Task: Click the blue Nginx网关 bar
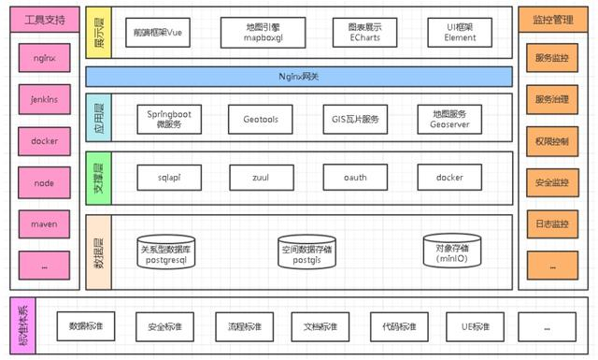tap(300, 76)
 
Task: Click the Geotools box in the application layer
tap(260, 119)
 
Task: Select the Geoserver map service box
tap(449, 119)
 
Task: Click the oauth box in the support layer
tap(355, 177)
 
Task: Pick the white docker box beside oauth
tap(449, 177)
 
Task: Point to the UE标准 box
tap(475, 326)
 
